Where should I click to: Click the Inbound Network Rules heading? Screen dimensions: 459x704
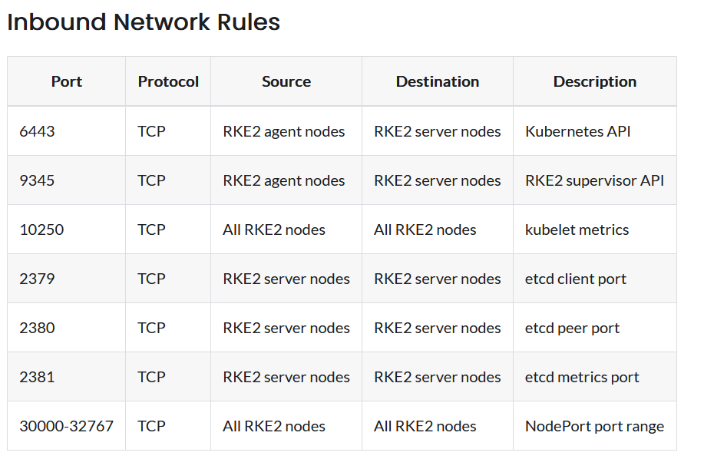click(x=144, y=22)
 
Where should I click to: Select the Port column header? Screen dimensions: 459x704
click(x=67, y=81)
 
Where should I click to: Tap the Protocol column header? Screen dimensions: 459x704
click(x=168, y=81)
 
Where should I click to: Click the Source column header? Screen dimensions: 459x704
click(x=286, y=81)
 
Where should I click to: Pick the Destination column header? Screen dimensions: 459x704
click(x=438, y=81)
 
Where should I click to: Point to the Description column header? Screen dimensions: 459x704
click(x=595, y=81)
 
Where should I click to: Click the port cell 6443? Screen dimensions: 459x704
click(x=38, y=131)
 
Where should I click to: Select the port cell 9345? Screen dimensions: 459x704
click(x=38, y=180)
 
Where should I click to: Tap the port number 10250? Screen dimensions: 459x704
click(x=41, y=229)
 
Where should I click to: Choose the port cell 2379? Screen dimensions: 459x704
click(x=38, y=279)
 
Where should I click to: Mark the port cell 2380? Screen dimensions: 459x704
click(x=38, y=328)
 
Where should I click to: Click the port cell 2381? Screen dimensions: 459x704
click(x=38, y=377)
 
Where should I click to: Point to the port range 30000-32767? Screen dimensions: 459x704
click(x=67, y=426)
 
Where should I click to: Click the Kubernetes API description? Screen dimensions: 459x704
click(x=578, y=131)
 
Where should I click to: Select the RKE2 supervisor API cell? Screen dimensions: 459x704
click(x=595, y=180)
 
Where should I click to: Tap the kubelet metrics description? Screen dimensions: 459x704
click(x=577, y=229)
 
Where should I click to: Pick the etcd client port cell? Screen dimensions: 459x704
click(x=576, y=279)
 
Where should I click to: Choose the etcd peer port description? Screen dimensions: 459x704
click(x=573, y=328)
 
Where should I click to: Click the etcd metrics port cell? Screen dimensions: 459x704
click(x=582, y=377)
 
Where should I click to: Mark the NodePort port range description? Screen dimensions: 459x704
click(x=595, y=426)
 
